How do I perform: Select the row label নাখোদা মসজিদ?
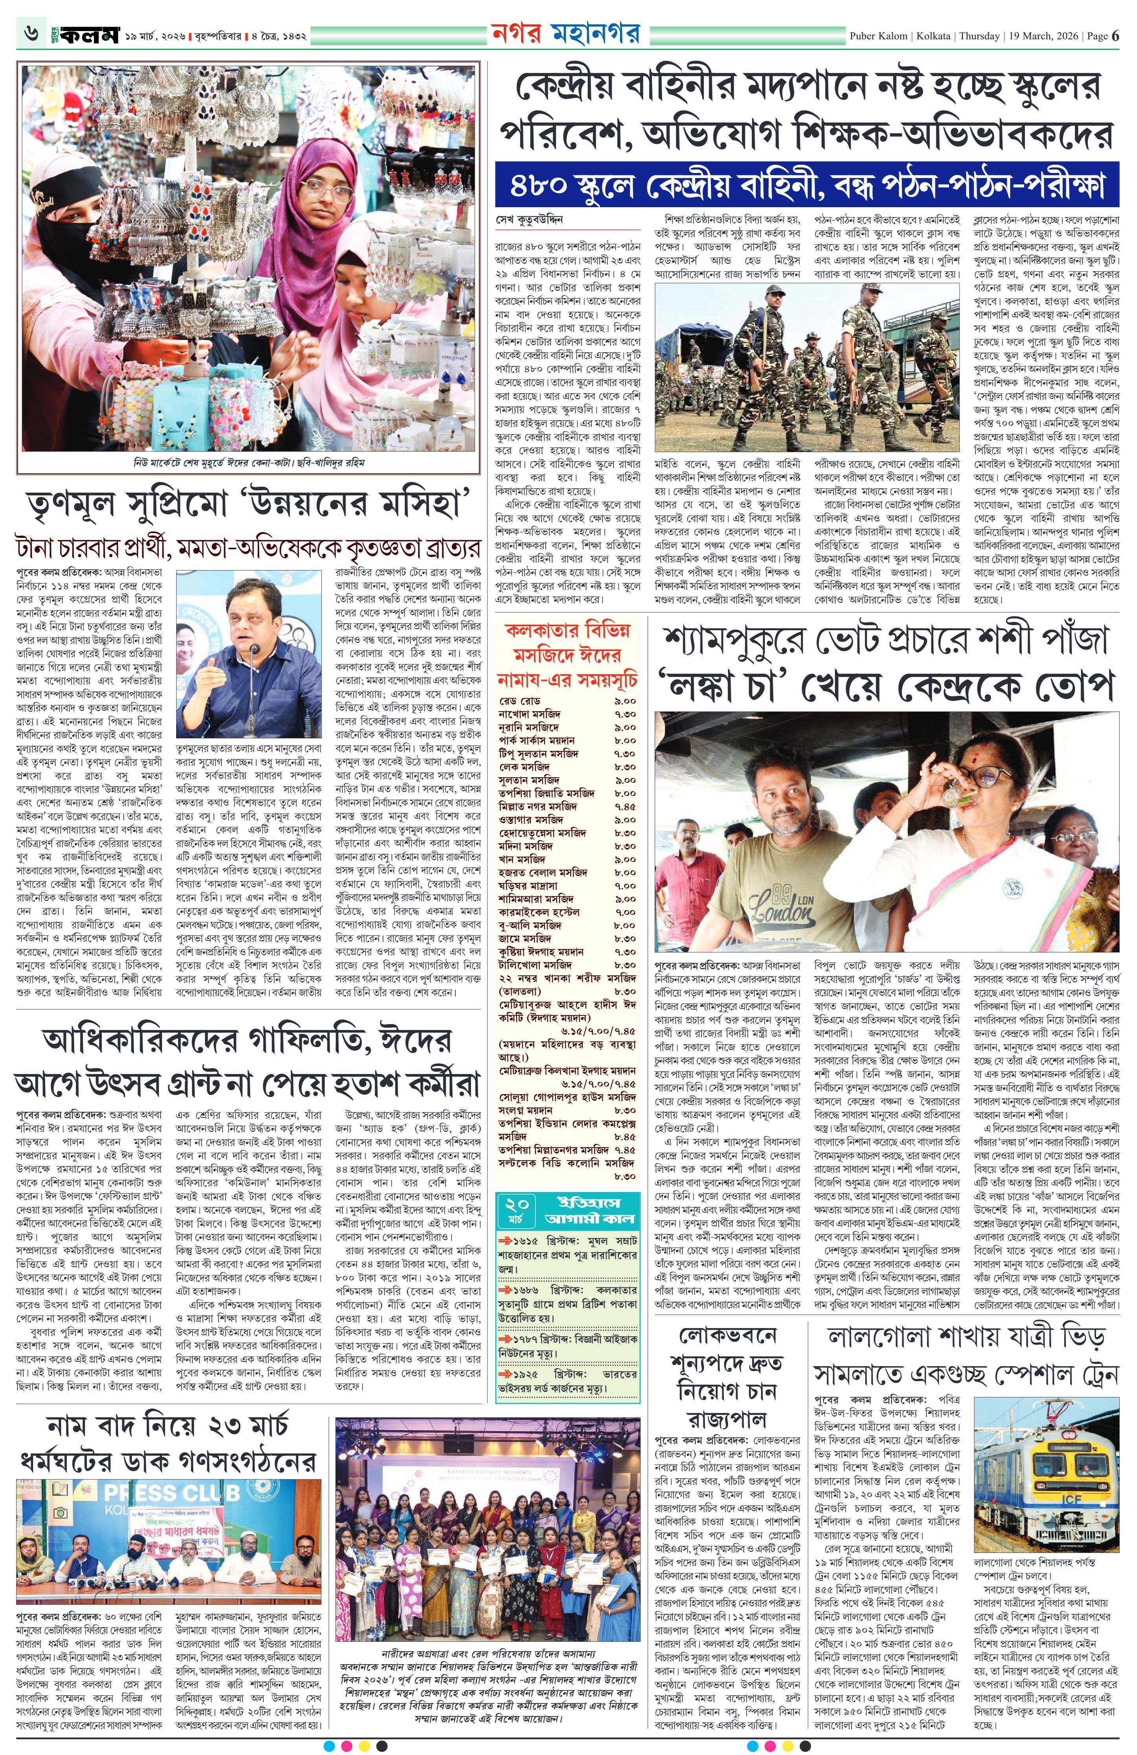tap(530, 714)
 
